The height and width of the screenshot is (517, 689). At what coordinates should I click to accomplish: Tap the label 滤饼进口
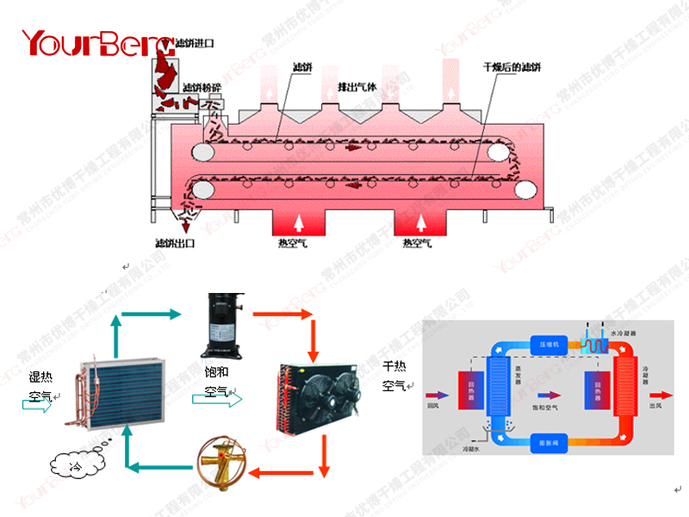pos(194,42)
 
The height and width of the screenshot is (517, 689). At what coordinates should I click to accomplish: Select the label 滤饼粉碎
pos(202,87)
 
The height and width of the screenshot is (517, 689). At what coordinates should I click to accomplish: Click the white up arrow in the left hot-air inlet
pos(300,221)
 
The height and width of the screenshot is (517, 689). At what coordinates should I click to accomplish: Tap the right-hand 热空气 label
pos(419,244)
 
